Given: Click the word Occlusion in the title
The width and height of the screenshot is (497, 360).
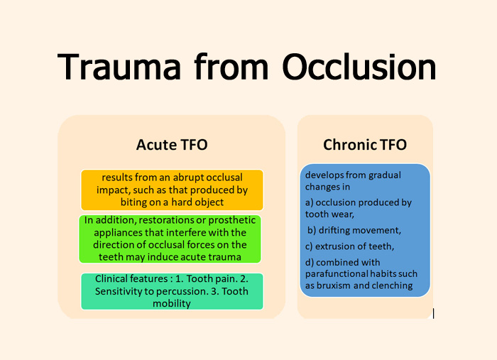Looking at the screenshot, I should pos(359,67).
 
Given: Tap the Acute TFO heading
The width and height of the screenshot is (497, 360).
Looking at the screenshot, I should pos(172,145).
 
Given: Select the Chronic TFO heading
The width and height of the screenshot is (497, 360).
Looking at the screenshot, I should pos(365,145).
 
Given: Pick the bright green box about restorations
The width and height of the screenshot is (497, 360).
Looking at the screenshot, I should pos(172,238).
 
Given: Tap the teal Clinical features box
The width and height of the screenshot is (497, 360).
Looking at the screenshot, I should pos(172,291).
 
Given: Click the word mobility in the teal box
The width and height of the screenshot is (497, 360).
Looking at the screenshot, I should pos(172,303).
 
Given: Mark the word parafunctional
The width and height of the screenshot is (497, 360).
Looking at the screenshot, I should pos(339,273).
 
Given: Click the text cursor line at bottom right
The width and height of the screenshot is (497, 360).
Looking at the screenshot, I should pos(434,312).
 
